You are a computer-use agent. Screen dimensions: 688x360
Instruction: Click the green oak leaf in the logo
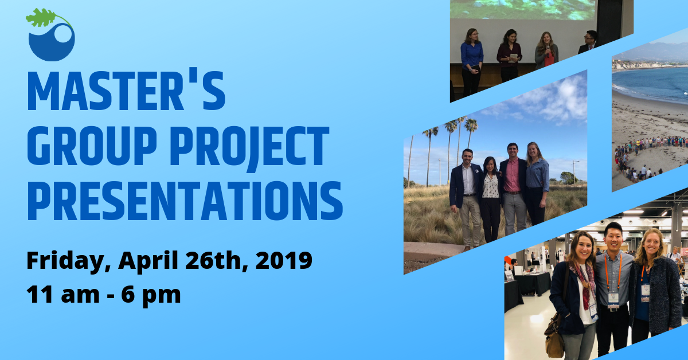[41, 18]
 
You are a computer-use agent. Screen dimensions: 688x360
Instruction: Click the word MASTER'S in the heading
[127, 91]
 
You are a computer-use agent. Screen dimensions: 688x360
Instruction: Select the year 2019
[284, 260]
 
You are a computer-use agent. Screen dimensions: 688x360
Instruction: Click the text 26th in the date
[216, 260]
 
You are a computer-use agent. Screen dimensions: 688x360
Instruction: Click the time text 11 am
[63, 295]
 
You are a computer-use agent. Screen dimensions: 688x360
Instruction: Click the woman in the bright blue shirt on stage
[471, 62]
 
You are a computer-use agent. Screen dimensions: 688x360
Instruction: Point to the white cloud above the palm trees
[559, 98]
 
